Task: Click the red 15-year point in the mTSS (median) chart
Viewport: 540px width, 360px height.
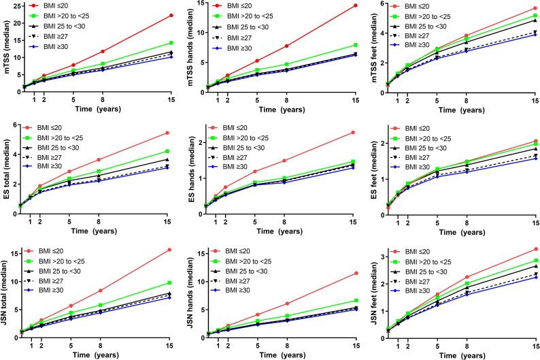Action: (x=170, y=16)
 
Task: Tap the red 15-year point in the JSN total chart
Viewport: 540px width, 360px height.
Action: (x=170, y=250)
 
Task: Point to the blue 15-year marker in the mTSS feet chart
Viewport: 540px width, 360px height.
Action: (x=535, y=34)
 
